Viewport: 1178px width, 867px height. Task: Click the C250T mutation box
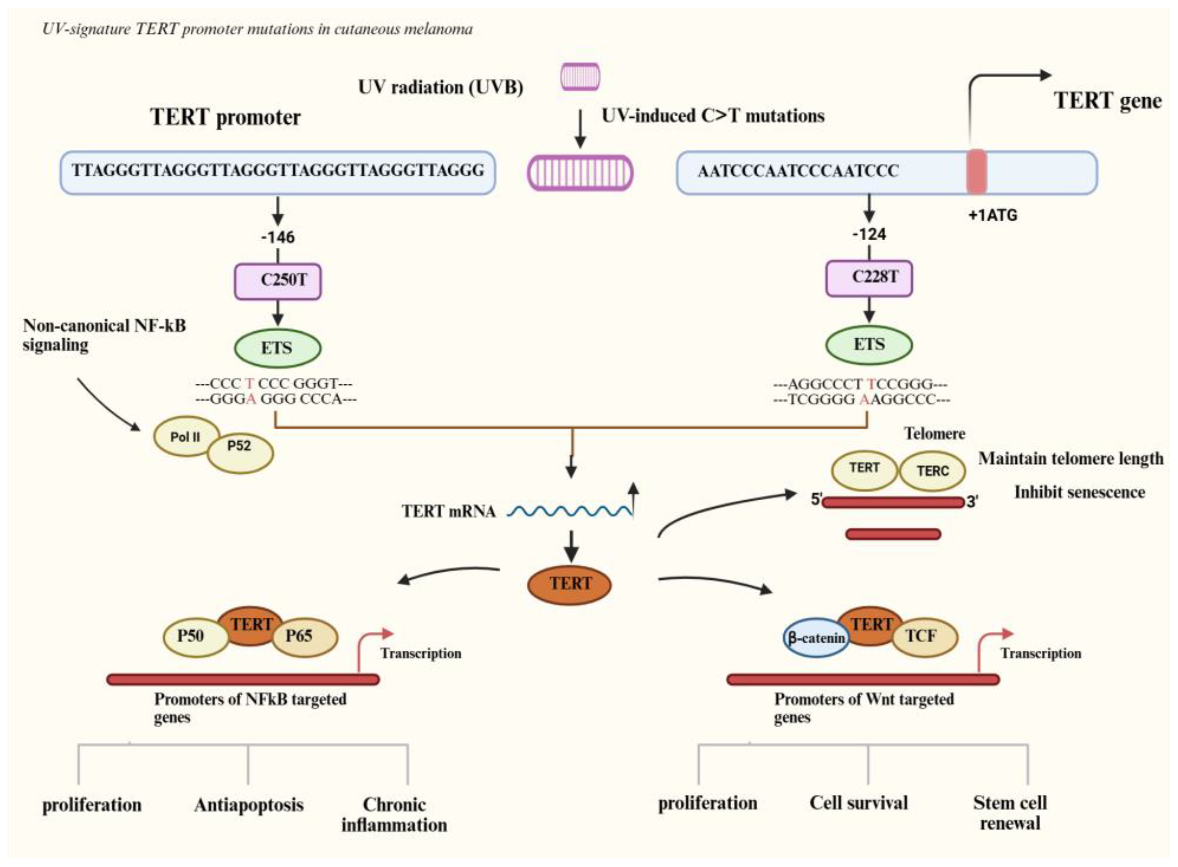coord(277,281)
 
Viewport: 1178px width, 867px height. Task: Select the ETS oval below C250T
coord(277,347)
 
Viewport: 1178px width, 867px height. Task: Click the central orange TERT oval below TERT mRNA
coord(570,584)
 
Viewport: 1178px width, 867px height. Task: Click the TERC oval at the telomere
coord(932,471)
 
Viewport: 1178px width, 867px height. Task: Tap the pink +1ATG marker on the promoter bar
coord(976,172)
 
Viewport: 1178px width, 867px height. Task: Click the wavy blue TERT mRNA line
coord(570,511)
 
